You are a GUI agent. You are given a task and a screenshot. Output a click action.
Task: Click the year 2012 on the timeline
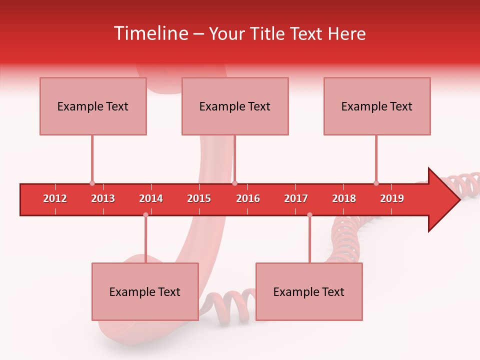click(x=55, y=198)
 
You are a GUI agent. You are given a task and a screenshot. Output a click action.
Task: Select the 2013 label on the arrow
click(x=103, y=198)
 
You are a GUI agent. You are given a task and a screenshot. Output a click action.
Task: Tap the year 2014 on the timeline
click(x=151, y=198)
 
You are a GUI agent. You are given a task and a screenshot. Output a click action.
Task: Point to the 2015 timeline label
click(x=199, y=198)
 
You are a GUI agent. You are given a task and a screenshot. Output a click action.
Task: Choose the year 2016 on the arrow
click(x=248, y=198)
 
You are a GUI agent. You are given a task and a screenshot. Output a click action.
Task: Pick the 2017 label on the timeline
click(x=296, y=198)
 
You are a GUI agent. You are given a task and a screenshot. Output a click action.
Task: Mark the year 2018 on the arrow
click(x=344, y=198)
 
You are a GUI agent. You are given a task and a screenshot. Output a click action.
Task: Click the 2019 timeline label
click(x=392, y=198)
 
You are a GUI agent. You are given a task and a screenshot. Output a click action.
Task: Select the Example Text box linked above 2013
click(x=93, y=106)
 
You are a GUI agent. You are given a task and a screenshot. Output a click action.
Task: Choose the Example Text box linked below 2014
click(x=145, y=291)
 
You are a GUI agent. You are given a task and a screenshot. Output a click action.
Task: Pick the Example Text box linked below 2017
click(x=309, y=291)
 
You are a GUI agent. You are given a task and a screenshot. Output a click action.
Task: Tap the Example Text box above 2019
click(x=377, y=106)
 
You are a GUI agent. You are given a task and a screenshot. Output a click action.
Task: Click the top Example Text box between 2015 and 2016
click(x=235, y=106)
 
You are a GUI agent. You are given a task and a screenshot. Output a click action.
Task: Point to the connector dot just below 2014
click(x=145, y=214)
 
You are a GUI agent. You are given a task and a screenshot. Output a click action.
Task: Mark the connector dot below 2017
click(x=309, y=214)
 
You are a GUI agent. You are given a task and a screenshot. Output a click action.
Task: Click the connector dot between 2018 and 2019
click(x=376, y=183)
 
